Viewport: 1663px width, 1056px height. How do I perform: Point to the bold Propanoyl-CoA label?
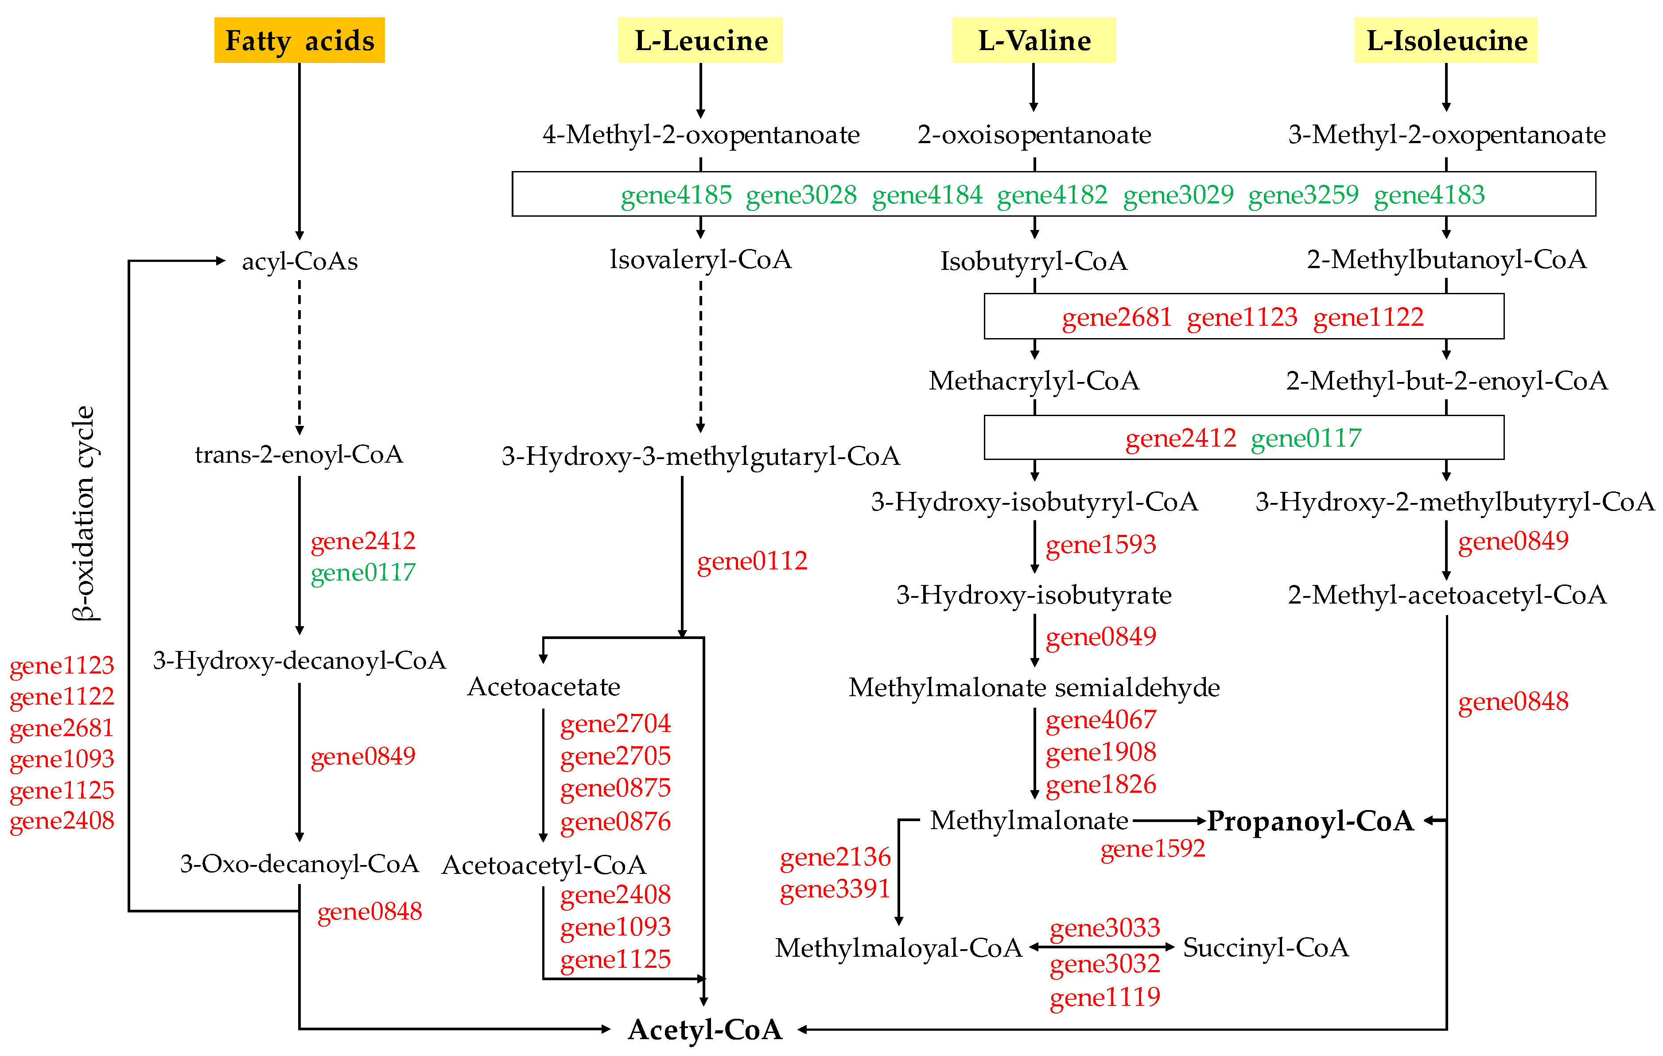point(1310,821)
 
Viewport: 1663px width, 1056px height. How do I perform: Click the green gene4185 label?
point(676,195)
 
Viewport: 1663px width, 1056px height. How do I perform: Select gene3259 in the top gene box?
point(1303,195)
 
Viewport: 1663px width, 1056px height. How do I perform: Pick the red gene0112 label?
point(752,561)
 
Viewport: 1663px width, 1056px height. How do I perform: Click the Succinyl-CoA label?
point(1265,947)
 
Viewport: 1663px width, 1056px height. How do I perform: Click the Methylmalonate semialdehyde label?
point(1034,688)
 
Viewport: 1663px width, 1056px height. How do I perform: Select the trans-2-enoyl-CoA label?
point(299,455)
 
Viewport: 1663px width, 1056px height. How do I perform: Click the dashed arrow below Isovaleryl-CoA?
point(700,356)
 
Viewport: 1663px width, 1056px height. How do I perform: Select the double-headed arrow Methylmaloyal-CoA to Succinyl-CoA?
point(1102,947)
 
